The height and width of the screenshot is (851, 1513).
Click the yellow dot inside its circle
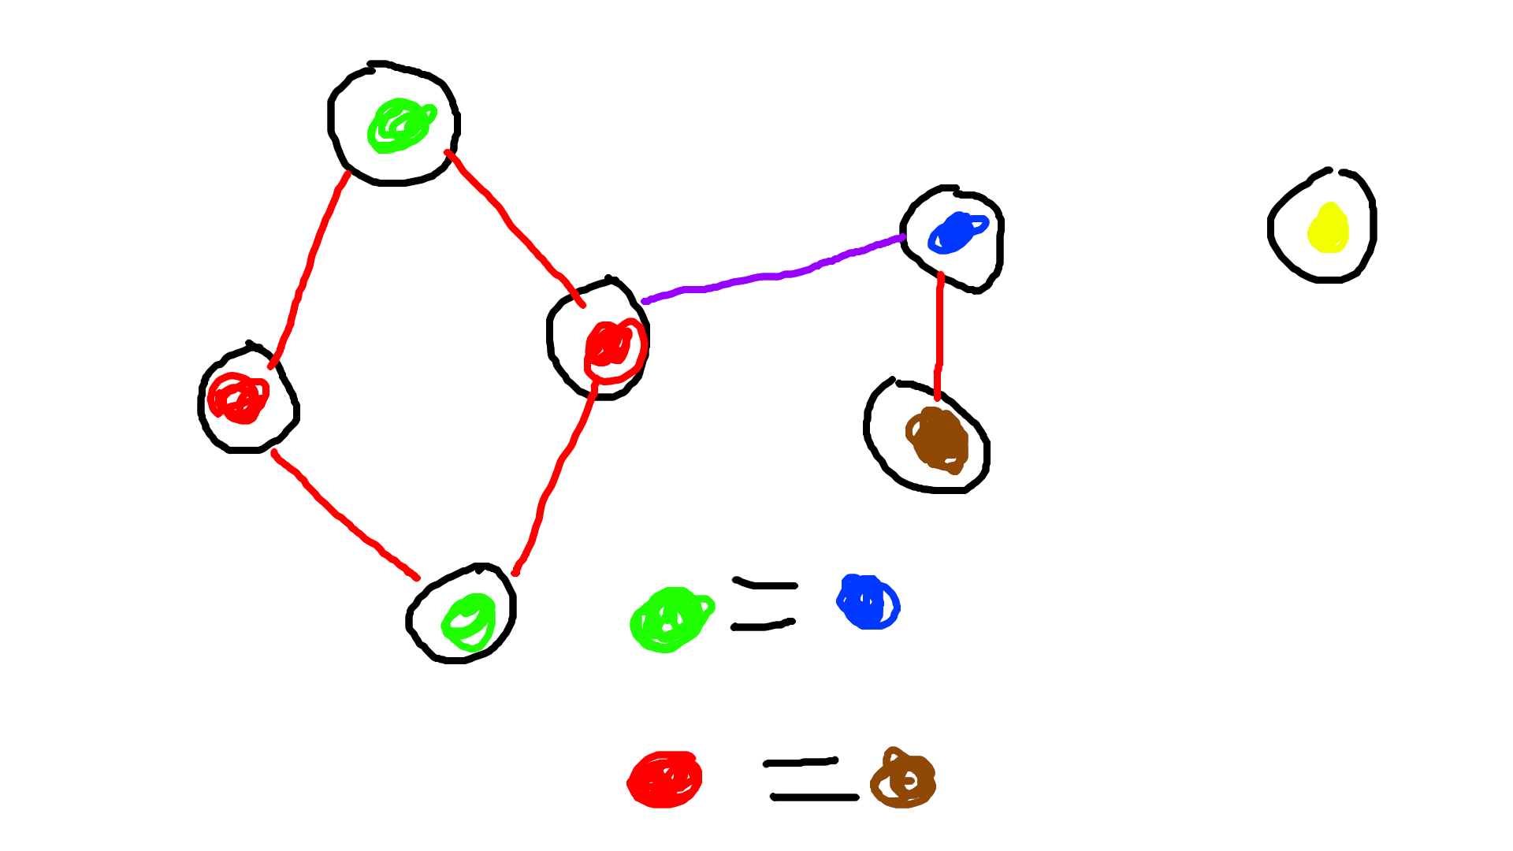click(1329, 229)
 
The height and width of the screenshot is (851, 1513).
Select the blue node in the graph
click(955, 233)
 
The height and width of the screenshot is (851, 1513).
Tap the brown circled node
click(938, 439)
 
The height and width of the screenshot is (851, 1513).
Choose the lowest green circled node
click(470, 622)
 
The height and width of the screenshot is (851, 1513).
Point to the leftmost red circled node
click(237, 399)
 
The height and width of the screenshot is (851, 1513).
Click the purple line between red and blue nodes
click(772, 275)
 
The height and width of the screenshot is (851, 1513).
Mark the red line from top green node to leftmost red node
click(308, 268)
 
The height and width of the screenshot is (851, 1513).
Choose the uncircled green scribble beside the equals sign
click(670, 620)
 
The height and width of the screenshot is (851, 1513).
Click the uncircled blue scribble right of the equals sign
click(867, 603)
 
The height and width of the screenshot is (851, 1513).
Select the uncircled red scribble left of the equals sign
click(665, 780)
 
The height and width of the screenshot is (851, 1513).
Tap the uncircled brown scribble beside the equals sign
click(904, 779)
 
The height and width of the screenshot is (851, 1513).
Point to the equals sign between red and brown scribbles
click(809, 779)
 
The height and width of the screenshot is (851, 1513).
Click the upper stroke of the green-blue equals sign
click(764, 585)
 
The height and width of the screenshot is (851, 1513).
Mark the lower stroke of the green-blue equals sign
click(763, 626)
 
